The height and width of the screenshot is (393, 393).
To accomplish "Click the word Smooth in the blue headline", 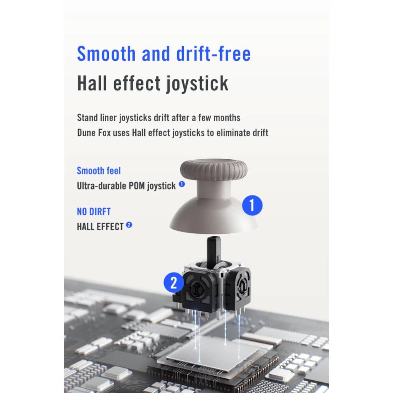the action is pyautogui.click(x=106, y=54).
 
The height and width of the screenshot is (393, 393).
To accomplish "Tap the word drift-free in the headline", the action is pyautogui.click(x=213, y=54).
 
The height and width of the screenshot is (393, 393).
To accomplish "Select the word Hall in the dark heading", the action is pyautogui.click(x=92, y=83).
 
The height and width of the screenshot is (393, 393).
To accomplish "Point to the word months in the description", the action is pyautogui.click(x=227, y=117).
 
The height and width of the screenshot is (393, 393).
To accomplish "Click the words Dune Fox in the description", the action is pyautogui.click(x=94, y=132).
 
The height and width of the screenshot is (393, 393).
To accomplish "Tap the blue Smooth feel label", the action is pyautogui.click(x=99, y=171).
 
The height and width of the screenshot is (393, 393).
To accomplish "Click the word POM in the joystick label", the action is pyautogui.click(x=137, y=186).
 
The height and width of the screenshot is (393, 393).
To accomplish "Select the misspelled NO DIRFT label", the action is pyautogui.click(x=94, y=211).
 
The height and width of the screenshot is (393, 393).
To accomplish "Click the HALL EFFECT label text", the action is pyautogui.click(x=100, y=226).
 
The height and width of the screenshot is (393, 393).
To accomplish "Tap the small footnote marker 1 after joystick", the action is pyautogui.click(x=182, y=184).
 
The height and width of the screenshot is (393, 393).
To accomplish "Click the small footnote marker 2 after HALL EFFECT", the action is pyautogui.click(x=129, y=225).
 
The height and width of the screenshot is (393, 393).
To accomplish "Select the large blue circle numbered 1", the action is pyautogui.click(x=252, y=205).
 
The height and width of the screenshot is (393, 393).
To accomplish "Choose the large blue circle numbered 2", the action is pyautogui.click(x=173, y=282).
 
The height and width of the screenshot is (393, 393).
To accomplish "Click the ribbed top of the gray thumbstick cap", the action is pyautogui.click(x=214, y=169).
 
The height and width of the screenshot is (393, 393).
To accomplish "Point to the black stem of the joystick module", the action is pyautogui.click(x=213, y=251).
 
